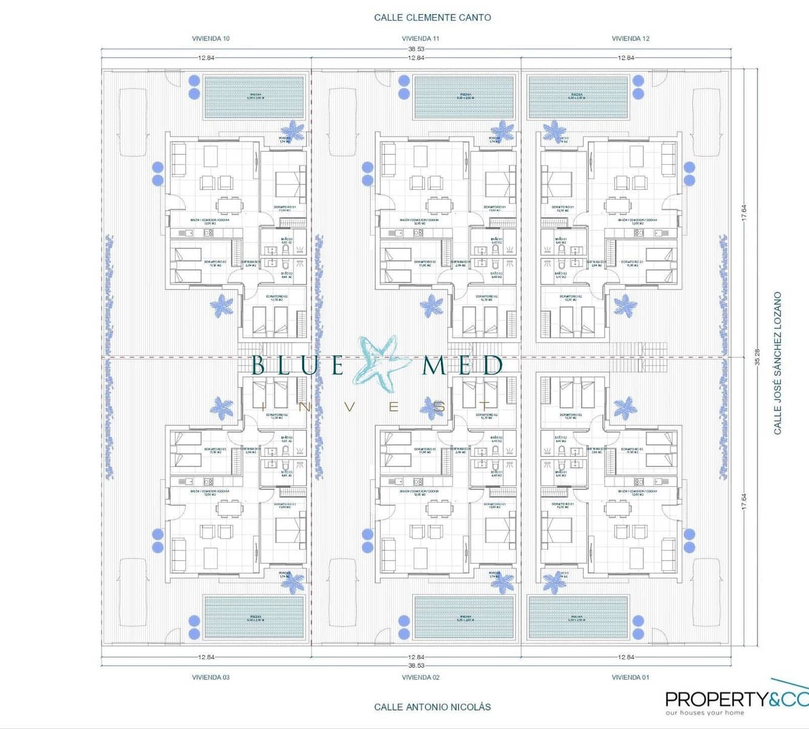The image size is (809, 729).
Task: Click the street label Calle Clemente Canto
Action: click(x=432, y=18)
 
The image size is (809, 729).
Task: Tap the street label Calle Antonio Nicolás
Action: click(x=432, y=707)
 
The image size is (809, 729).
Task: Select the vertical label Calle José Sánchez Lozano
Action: click(x=777, y=363)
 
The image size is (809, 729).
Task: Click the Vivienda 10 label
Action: click(x=211, y=38)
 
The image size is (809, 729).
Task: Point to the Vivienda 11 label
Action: click(x=420, y=38)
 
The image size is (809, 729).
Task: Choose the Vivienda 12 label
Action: click(x=630, y=38)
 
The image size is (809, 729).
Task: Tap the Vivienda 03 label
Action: click(x=211, y=677)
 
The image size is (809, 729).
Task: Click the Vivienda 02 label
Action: click(x=420, y=677)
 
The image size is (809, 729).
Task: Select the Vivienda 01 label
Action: click(x=630, y=677)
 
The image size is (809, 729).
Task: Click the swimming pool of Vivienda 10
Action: click(x=254, y=97)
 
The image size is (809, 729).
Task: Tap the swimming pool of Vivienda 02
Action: click(x=464, y=617)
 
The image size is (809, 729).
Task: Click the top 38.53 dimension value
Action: click(x=416, y=49)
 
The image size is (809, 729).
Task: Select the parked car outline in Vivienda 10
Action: click(x=133, y=123)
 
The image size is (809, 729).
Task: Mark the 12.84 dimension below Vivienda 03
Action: click(x=206, y=657)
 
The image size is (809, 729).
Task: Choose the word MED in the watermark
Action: click(x=462, y=365)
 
